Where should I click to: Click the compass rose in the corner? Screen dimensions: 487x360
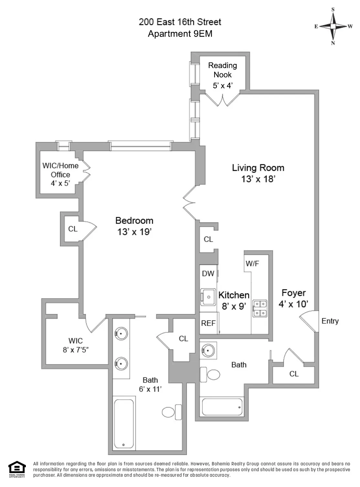(x=333, y=26)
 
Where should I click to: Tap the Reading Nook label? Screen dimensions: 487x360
(x=222, y=70)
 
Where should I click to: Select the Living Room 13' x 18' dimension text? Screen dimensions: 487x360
(x=258, y=179)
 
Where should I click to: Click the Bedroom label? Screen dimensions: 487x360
(x=134, y=221)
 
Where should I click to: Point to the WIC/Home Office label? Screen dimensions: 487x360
(x=60, y=170)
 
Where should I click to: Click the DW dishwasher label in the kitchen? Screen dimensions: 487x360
(x=208, y=274)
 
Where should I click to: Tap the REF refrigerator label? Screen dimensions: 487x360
(x=208, y=323)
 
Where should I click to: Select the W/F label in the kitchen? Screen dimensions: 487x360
(x=252, y=264)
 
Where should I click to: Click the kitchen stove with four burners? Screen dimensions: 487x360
(x=260, y=308)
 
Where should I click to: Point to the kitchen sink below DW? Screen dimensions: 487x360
(x=208, y=297)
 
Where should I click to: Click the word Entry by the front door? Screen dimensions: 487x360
(x=330, y=321)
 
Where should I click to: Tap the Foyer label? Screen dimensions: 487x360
(x=293, y=293)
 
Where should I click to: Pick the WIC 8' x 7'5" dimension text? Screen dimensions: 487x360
(x=75, y=350)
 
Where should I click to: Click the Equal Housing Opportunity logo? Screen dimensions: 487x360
(x=17, y=469)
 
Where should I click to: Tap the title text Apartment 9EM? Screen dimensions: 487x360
(x=180, y=34)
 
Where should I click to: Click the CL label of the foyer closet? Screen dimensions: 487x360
(x=294, y=374)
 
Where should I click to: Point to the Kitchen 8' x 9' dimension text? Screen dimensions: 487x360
(x=234, y=306)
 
